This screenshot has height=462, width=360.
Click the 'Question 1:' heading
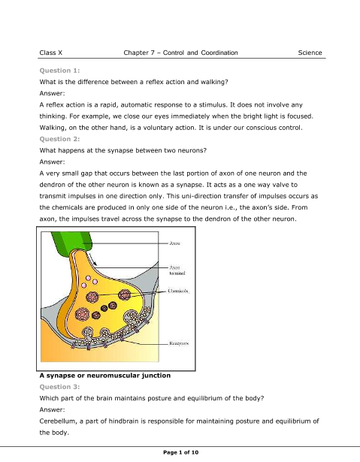(x=59, y=71)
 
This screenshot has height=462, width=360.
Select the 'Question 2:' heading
(x=59, y=139)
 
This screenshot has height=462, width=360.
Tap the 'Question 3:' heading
(x=59, y=387)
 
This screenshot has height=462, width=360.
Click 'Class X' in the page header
(x=51, y=53)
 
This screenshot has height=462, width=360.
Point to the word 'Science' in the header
(x=310, y=53)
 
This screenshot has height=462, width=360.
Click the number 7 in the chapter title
(x=153, y=53)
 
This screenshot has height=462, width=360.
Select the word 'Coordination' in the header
(x=219, y=53)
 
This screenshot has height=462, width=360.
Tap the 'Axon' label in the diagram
(x=174, y=243)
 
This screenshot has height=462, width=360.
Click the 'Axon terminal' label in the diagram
(x=177, y=270)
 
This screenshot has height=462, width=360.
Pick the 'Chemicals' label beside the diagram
(x=178, y=291)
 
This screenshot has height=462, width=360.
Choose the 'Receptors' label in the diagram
(x=179, y=343)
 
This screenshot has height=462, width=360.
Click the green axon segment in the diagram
(x=73, y=243)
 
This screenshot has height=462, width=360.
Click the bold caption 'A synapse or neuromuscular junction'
(x=105, y=376)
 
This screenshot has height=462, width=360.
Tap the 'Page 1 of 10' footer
(x=180, y=452)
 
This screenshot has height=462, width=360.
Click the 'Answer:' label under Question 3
(x=52, y=409)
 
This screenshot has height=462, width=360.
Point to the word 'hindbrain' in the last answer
(x=123, y=421)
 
